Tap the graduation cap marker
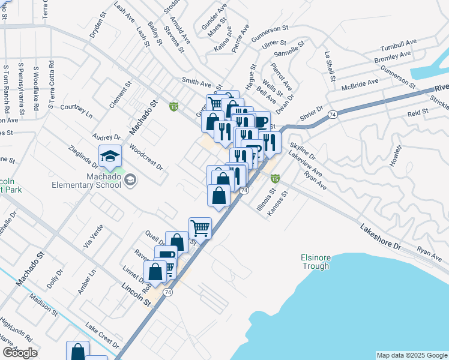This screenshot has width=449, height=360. click(110, 157)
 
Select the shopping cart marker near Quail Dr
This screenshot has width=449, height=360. click(200, 228)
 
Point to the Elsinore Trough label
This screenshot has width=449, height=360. click(316, 262)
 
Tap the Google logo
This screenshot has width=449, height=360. click(20, 352)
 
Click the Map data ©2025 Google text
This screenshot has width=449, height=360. click(412, 355)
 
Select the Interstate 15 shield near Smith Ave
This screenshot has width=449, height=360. click(173, 106)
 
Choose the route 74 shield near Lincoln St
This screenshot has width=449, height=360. click(167, 292)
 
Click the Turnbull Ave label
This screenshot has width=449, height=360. click(399, 46)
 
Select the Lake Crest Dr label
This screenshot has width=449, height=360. click(102, 337)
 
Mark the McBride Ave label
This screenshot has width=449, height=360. click(360, 84)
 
